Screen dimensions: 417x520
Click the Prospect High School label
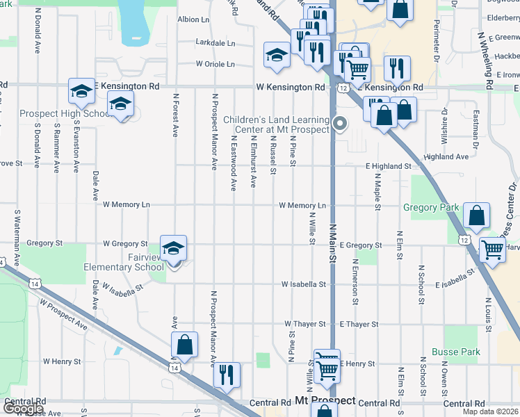(63, 114)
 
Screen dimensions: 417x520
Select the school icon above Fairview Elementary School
(173, 247)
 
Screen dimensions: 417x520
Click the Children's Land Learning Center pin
(340, 124)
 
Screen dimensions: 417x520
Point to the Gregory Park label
(430, 207)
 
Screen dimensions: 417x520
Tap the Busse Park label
(455, 352)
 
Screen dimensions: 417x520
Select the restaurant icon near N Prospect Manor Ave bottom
(226, 375)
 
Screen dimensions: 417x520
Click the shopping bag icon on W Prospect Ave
(184, 345)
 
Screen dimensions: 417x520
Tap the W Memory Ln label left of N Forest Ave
(126, 205)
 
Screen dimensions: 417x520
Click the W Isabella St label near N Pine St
(303, 284)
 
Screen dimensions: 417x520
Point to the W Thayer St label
(304, 325)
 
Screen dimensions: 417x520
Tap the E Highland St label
(388, 166)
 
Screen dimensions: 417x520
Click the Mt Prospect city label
(325, 402)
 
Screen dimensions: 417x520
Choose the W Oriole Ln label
(215, 64)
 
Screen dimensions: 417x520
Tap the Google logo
(22, 409)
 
